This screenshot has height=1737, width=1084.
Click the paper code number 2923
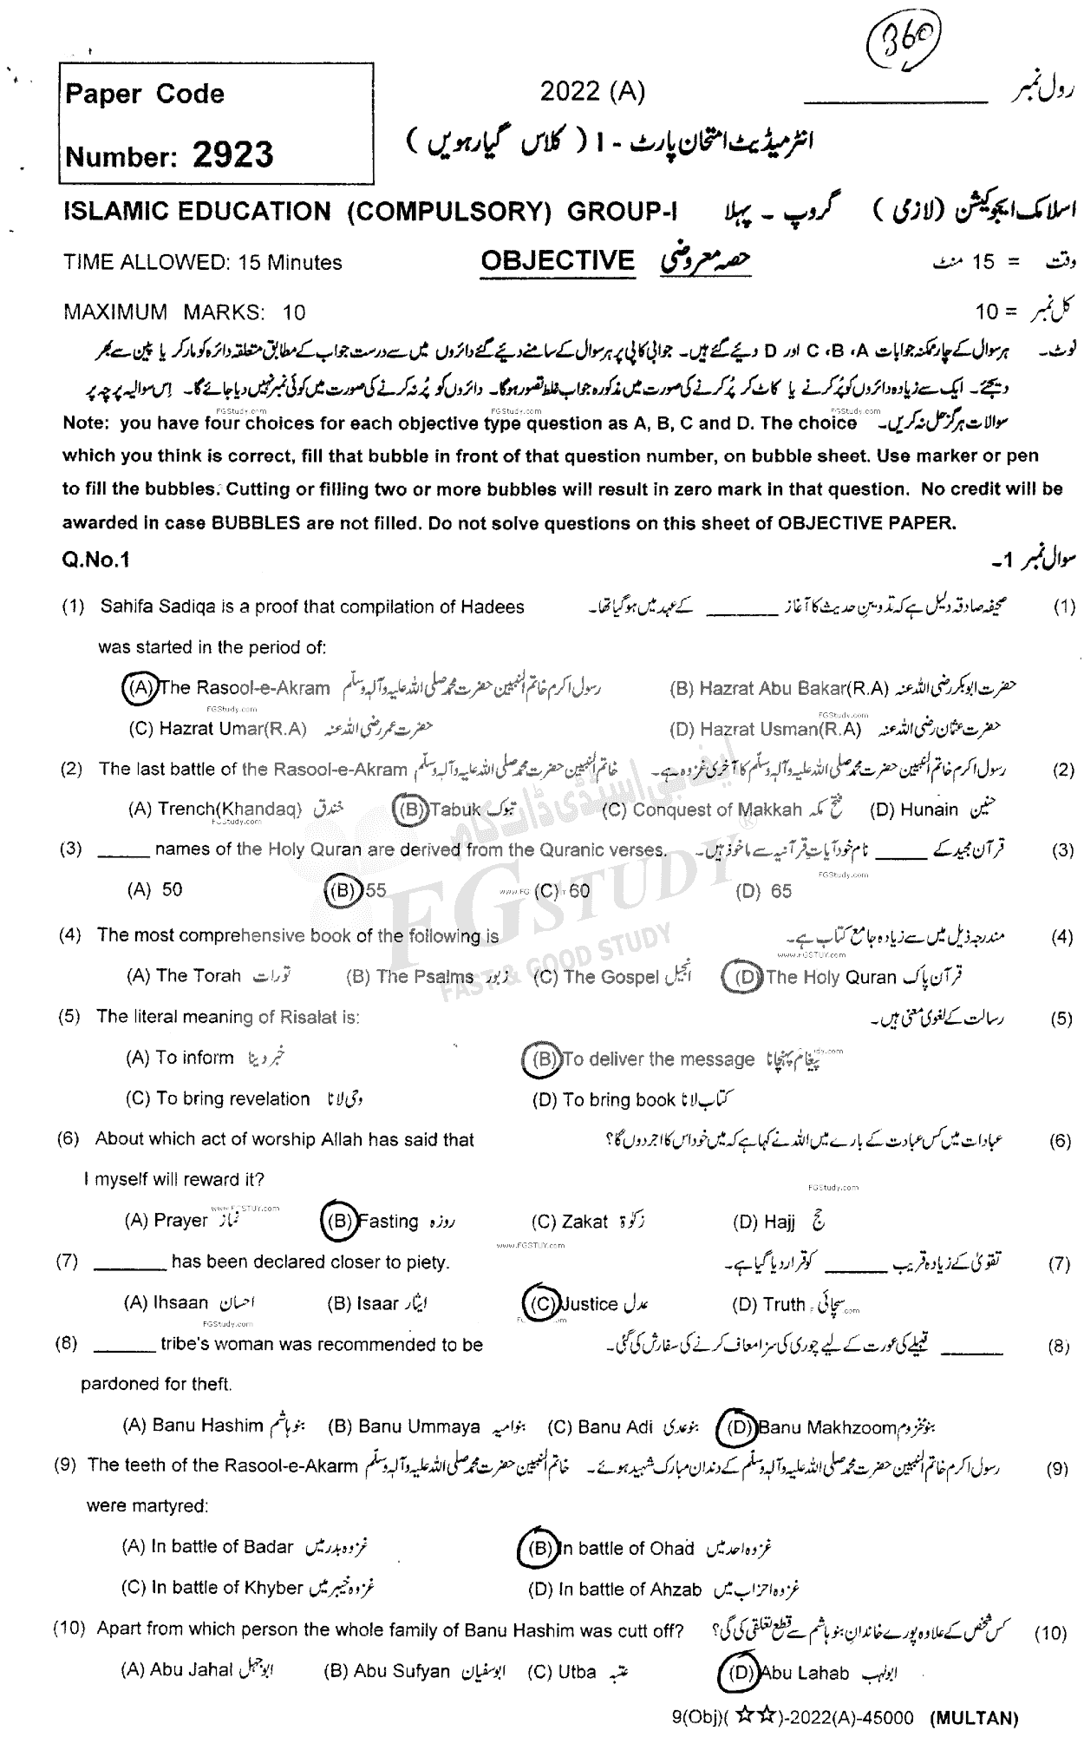click(232, 155)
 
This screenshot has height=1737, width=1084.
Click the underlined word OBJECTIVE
click(558, 260)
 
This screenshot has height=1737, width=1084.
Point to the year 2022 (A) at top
click(592, 92)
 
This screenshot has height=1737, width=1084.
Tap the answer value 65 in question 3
click(780, 891)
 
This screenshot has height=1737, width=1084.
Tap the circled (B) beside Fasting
click(336, 1221)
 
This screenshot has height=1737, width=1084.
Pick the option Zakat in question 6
click(584, 1222)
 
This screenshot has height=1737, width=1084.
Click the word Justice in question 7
click(590, 1303)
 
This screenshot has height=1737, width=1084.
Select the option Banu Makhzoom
click(826, 1427)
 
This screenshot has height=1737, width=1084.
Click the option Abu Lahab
click(804, 1674)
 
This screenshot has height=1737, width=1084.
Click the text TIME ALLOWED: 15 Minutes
click(203, 262)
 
